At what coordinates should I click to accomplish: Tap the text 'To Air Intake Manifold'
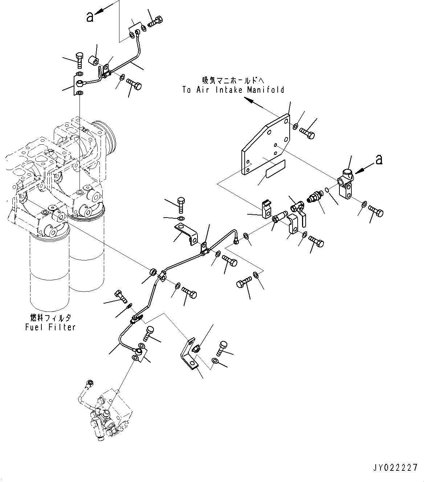(233, 90)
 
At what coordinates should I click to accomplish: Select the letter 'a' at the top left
(90, 16)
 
